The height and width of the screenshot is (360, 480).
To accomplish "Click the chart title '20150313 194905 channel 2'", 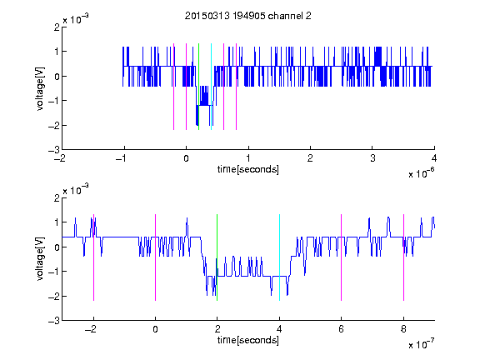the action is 248,16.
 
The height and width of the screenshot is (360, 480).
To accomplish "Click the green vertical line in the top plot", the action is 198,87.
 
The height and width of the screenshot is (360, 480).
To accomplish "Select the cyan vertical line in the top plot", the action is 211,87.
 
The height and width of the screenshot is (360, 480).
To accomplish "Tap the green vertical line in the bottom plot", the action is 217,257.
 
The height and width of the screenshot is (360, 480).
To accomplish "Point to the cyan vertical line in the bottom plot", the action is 279,257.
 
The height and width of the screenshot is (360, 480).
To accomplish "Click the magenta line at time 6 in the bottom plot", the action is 342,257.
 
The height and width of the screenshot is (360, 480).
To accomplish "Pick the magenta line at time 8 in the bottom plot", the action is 404,257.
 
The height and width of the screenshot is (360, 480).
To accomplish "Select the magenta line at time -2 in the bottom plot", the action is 93,257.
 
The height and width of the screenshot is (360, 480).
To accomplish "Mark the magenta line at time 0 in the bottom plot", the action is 156,257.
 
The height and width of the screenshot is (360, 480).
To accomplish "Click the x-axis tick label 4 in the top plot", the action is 434,158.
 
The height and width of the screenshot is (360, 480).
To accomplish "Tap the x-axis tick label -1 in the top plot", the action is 122,158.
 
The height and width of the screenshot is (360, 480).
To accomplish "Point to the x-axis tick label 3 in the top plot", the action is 372,158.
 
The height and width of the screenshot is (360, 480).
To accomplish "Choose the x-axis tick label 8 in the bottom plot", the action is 404,329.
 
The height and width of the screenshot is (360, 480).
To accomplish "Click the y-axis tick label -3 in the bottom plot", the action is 54,321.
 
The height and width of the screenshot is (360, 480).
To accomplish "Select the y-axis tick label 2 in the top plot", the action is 57,27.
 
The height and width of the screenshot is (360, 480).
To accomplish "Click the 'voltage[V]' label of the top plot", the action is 40,89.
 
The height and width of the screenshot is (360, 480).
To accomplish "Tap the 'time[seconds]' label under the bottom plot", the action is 248,340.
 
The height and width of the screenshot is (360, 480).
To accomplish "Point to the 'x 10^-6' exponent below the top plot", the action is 421,173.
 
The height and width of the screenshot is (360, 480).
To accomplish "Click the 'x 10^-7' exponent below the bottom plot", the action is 421,344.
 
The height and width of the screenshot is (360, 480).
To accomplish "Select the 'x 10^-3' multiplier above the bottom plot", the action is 76,190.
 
